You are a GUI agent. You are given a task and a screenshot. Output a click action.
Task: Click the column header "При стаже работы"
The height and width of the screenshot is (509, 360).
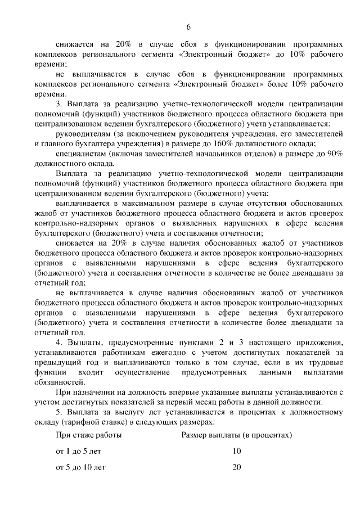(89, 435)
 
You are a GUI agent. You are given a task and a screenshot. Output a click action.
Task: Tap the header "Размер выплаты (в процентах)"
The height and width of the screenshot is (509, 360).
(237, 435)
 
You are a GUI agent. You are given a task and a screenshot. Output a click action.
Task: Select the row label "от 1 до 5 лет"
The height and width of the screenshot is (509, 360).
(79, 451)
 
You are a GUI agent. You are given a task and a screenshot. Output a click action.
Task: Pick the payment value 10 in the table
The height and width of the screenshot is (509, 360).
(236, 451)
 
